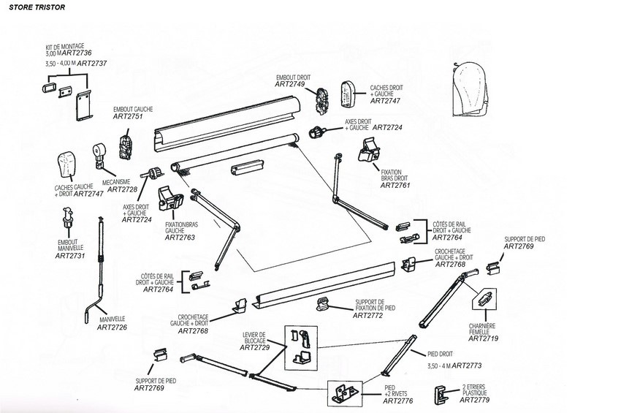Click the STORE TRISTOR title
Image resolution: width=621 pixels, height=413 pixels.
pos(37,7)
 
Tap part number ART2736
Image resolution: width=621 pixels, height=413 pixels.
pos(77,53)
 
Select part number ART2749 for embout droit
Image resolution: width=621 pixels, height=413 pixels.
pos(289,84)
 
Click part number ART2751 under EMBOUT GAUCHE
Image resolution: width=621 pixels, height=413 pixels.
pos(128,116)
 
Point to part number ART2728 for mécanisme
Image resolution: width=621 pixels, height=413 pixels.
pos(122,189)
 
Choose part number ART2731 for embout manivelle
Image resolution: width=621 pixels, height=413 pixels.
pos(70,256)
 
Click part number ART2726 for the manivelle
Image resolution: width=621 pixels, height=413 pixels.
pos(112,327)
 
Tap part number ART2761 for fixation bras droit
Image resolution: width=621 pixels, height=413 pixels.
pos(395,185)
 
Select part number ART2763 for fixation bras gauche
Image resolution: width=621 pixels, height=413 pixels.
pos(180,238)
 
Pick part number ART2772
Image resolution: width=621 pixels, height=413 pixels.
pos(368,316)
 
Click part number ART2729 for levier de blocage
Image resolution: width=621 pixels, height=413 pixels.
pos(255,348)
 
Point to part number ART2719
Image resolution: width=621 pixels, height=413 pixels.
pos(483,338)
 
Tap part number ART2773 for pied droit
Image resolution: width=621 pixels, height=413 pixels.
pos(467,365)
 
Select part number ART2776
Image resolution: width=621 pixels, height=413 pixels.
pos(397,401)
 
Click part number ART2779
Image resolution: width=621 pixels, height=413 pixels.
pos(474,400)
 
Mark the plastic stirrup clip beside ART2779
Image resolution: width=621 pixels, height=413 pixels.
pos(440,395)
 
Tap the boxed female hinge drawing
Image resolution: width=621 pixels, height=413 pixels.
pos(485,299)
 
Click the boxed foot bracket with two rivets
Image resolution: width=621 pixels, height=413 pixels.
pos(345,393)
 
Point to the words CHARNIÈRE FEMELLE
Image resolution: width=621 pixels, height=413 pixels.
pos(482,329)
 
